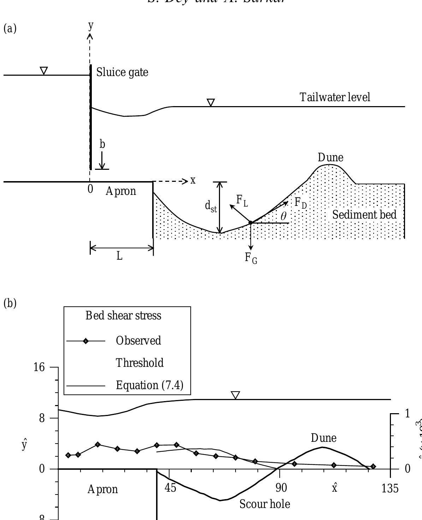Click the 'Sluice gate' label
[x=122, y=73]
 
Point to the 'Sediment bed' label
[x=364, y=214]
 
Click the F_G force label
[x=251, y=258]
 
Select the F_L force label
[x=242, y=201]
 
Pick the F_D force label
[x=301, y=203]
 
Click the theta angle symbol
[x=283, y=216]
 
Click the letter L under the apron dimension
[x=120, y=256]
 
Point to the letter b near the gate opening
[x=102, y=144]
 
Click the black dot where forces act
[x=250, y=223]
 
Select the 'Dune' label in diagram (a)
[x=330, y=157]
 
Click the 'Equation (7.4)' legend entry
[x=149, y=385]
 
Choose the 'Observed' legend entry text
[x=138, y=341]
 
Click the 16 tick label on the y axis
[x=39, y=367]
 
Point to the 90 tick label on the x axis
[x=281, y=488]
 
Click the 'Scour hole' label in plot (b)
[x=265, y=504]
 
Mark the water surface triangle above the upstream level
[x=44, y=71]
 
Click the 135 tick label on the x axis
[x=390, y=489]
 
